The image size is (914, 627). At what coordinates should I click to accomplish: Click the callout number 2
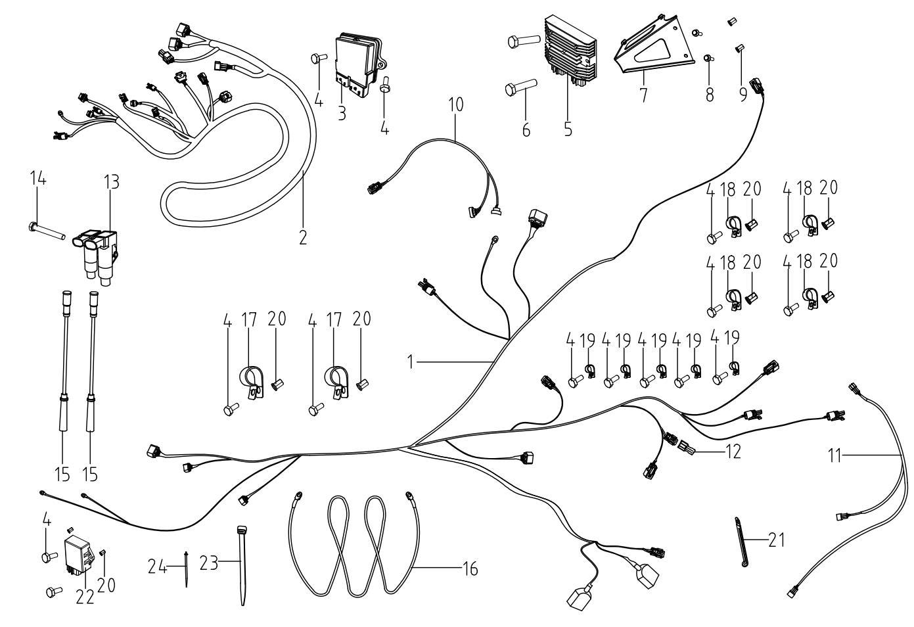pyautogui.click(x=303, y=237)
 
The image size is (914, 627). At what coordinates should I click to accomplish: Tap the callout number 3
pyautogui.click(x=342, y=112)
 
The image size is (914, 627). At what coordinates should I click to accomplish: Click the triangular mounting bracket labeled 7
pyautogui.click(x=654, y=50)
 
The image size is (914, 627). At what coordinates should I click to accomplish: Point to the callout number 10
pyautogui.click(x=456, y=104)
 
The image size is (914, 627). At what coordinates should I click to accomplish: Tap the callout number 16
pyautogui.click(x=470, y=568)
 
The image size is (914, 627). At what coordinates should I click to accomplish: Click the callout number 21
pyautogui.click(x=777, y=540)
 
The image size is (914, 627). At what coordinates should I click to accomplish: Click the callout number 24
pyautogui.click(x=156, y=565)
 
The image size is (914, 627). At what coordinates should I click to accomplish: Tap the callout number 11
pyautogui.click(x=834, y=455)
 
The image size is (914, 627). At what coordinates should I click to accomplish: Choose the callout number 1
pyautogui.click(x=411, y=361)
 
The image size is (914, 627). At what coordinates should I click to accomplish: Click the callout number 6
pyautogui.click(x=526, y=129)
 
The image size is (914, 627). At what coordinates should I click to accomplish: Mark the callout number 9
pyautogui.click(x=743, y=95)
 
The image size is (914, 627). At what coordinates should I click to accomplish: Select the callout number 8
pyautogui.click(x=710, y=95)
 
